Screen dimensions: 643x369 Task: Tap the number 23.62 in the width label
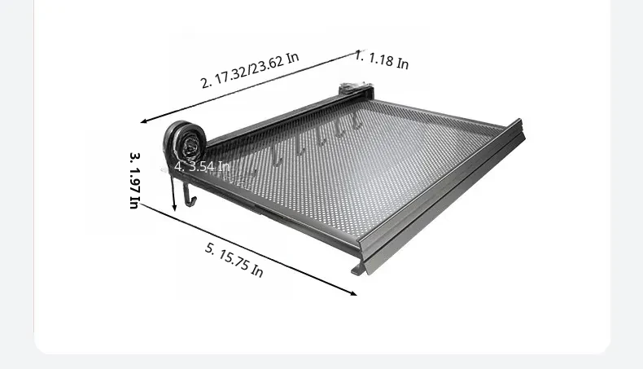[267, 64]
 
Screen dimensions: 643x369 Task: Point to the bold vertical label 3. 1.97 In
[135, 180]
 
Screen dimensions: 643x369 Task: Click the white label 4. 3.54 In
[202, 167]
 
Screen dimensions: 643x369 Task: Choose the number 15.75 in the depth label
[233, 259]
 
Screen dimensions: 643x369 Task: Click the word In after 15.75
[256, 271]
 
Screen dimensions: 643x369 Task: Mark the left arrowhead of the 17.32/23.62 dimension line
[144, 121]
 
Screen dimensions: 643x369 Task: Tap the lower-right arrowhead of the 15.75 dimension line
[353, 292]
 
